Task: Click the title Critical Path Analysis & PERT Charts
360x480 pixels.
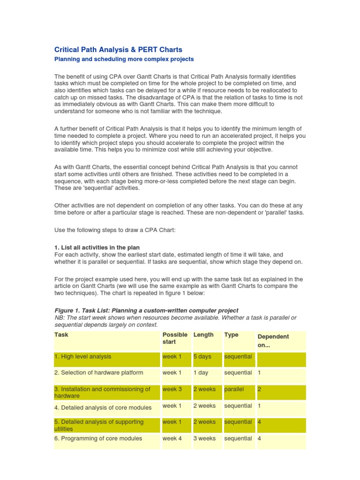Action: [118, 49]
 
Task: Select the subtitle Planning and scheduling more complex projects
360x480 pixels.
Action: [124, 60]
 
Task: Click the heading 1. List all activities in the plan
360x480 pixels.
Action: [97, 247]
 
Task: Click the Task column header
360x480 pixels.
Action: [61, 335]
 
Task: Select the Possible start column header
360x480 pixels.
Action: [174, 338]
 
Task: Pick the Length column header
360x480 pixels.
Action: [203, 335]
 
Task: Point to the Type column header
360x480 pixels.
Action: [231, 335]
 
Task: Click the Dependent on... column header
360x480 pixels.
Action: [273, 340]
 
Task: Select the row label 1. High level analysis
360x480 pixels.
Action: [83, 357]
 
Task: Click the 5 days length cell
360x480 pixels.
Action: [202, 357]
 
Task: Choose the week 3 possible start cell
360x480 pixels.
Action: [172, 389]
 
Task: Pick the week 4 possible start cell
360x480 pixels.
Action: [172, 438]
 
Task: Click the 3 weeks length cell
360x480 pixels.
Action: [204, 438]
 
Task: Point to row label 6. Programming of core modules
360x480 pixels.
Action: [98, 438]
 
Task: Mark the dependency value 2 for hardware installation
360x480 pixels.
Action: [259, 389]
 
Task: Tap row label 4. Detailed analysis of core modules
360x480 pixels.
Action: [103, 407]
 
